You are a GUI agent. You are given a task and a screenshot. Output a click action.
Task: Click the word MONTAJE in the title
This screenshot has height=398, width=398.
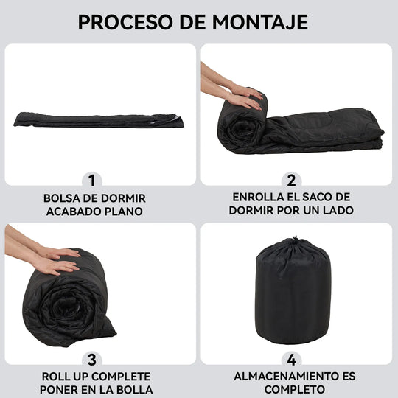click(260, 22)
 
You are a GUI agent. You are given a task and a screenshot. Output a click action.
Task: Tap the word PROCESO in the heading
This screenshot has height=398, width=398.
click(125, 22)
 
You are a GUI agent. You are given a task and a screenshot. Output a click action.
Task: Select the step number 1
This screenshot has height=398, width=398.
click(92, 181)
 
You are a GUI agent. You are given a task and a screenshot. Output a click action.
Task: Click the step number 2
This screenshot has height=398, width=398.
click(291, 181)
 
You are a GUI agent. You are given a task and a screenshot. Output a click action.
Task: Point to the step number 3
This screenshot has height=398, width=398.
click(92, 360)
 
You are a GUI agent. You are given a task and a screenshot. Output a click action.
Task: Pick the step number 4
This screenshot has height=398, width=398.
click(292, 360)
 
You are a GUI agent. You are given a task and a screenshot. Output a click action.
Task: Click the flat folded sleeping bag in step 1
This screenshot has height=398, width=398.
click(99, 120)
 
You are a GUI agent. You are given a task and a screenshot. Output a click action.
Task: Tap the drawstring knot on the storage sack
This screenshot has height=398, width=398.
click(295, 239)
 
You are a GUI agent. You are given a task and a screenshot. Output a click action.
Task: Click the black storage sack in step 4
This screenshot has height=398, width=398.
click(293, 291)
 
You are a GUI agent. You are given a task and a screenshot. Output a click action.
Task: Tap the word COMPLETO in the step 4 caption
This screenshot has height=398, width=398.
click(294, 389)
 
